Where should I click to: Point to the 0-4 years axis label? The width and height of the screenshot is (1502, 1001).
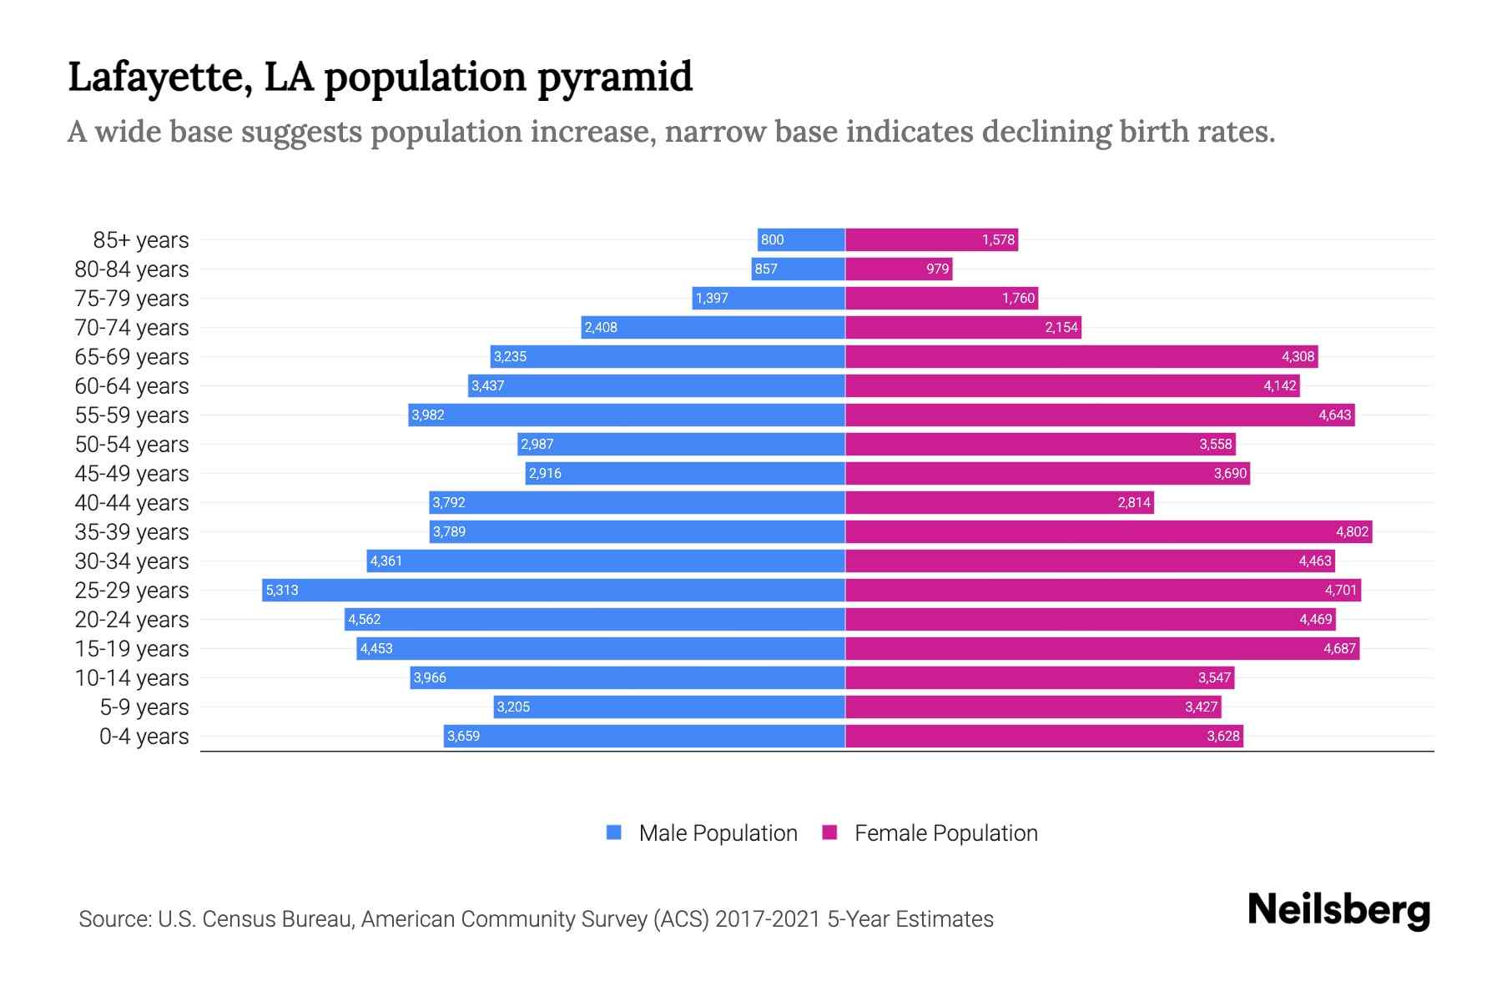(144, 737)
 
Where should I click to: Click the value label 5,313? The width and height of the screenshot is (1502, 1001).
(282, 591)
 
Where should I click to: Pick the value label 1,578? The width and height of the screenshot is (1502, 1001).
(998, 240)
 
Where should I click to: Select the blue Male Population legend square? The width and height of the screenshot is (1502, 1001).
(614, 832)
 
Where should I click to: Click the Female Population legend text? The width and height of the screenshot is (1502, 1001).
(945, 833)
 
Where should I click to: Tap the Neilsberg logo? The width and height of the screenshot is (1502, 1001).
(1338, 910)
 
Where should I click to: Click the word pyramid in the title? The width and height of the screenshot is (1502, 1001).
(614, 78)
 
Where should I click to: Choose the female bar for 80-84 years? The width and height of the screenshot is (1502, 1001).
(898, 269)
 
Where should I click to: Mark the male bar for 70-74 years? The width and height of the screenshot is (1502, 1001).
(713, 327)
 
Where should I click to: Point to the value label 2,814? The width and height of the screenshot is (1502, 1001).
(1134, 503)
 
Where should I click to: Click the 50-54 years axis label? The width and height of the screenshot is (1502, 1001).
(132, 445)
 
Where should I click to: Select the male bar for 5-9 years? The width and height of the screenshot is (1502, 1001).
(669, 707)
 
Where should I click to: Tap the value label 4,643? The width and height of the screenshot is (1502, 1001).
(1334, 415)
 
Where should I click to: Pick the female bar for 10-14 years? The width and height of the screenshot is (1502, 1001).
(1039, 677)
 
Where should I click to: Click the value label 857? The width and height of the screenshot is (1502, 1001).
(766, 269)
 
